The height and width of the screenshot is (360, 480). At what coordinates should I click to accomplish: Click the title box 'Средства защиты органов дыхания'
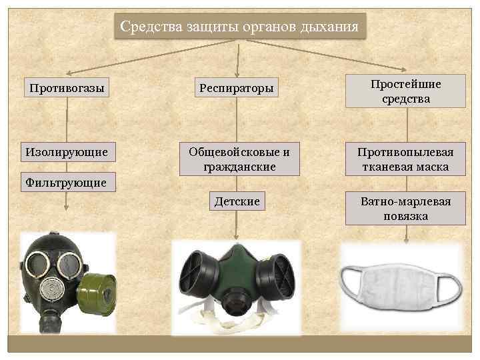(x=239, y=27)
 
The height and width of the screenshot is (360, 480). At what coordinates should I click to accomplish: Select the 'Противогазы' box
(x=66, y=88)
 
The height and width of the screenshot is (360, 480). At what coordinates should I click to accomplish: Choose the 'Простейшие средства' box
(x=405, y=91)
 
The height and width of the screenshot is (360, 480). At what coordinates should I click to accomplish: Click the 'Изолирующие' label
(x=66, y=152)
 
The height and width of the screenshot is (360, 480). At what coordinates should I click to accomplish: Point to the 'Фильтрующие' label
(x=66, y=181)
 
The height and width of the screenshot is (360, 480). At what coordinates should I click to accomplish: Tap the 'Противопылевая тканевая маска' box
(x=405, y=159)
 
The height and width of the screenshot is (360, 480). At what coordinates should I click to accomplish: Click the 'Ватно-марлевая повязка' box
(x=405, y=208)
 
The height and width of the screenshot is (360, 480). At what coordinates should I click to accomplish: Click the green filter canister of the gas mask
(x=97, y=293)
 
